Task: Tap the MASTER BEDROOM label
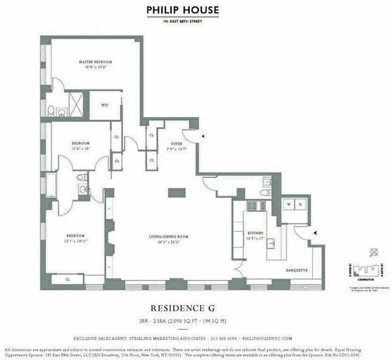(x=95, y=62)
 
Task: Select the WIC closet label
(x=105, y=105)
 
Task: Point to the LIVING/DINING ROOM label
(x=169, y=236)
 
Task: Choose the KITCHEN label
(x=255, y=233)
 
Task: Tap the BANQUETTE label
(x=297, y=270)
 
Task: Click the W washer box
(x=288, y=204)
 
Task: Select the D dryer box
(x=301, y=204)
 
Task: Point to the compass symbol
(x=373, y=252)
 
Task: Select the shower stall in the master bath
(x=76, y=105)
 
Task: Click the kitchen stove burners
(x=254, y=206)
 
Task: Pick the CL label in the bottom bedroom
(x=67, y=279)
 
